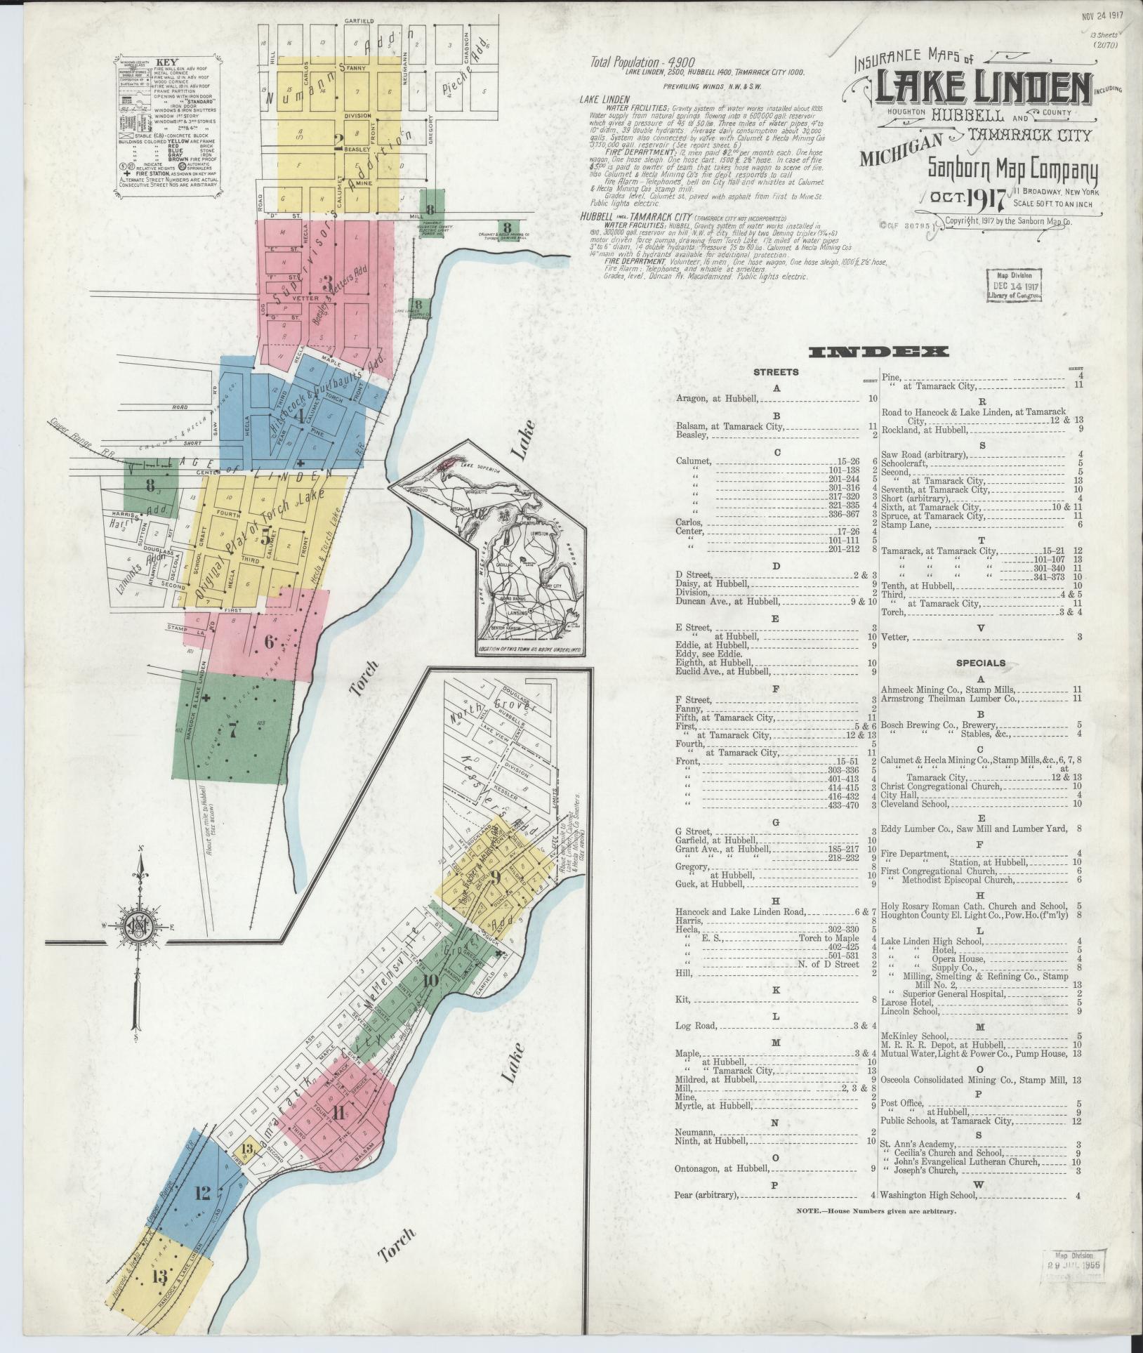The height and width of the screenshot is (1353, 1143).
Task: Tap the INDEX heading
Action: (x=878, y=352)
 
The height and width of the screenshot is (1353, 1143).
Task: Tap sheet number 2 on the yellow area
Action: (x=338, y=144)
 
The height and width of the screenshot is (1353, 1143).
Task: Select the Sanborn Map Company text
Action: (x=1012, y=169)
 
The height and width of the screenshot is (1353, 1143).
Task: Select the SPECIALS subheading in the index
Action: (x=980, y=663)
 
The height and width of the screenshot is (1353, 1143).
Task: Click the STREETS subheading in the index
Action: (x=776, y=372)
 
